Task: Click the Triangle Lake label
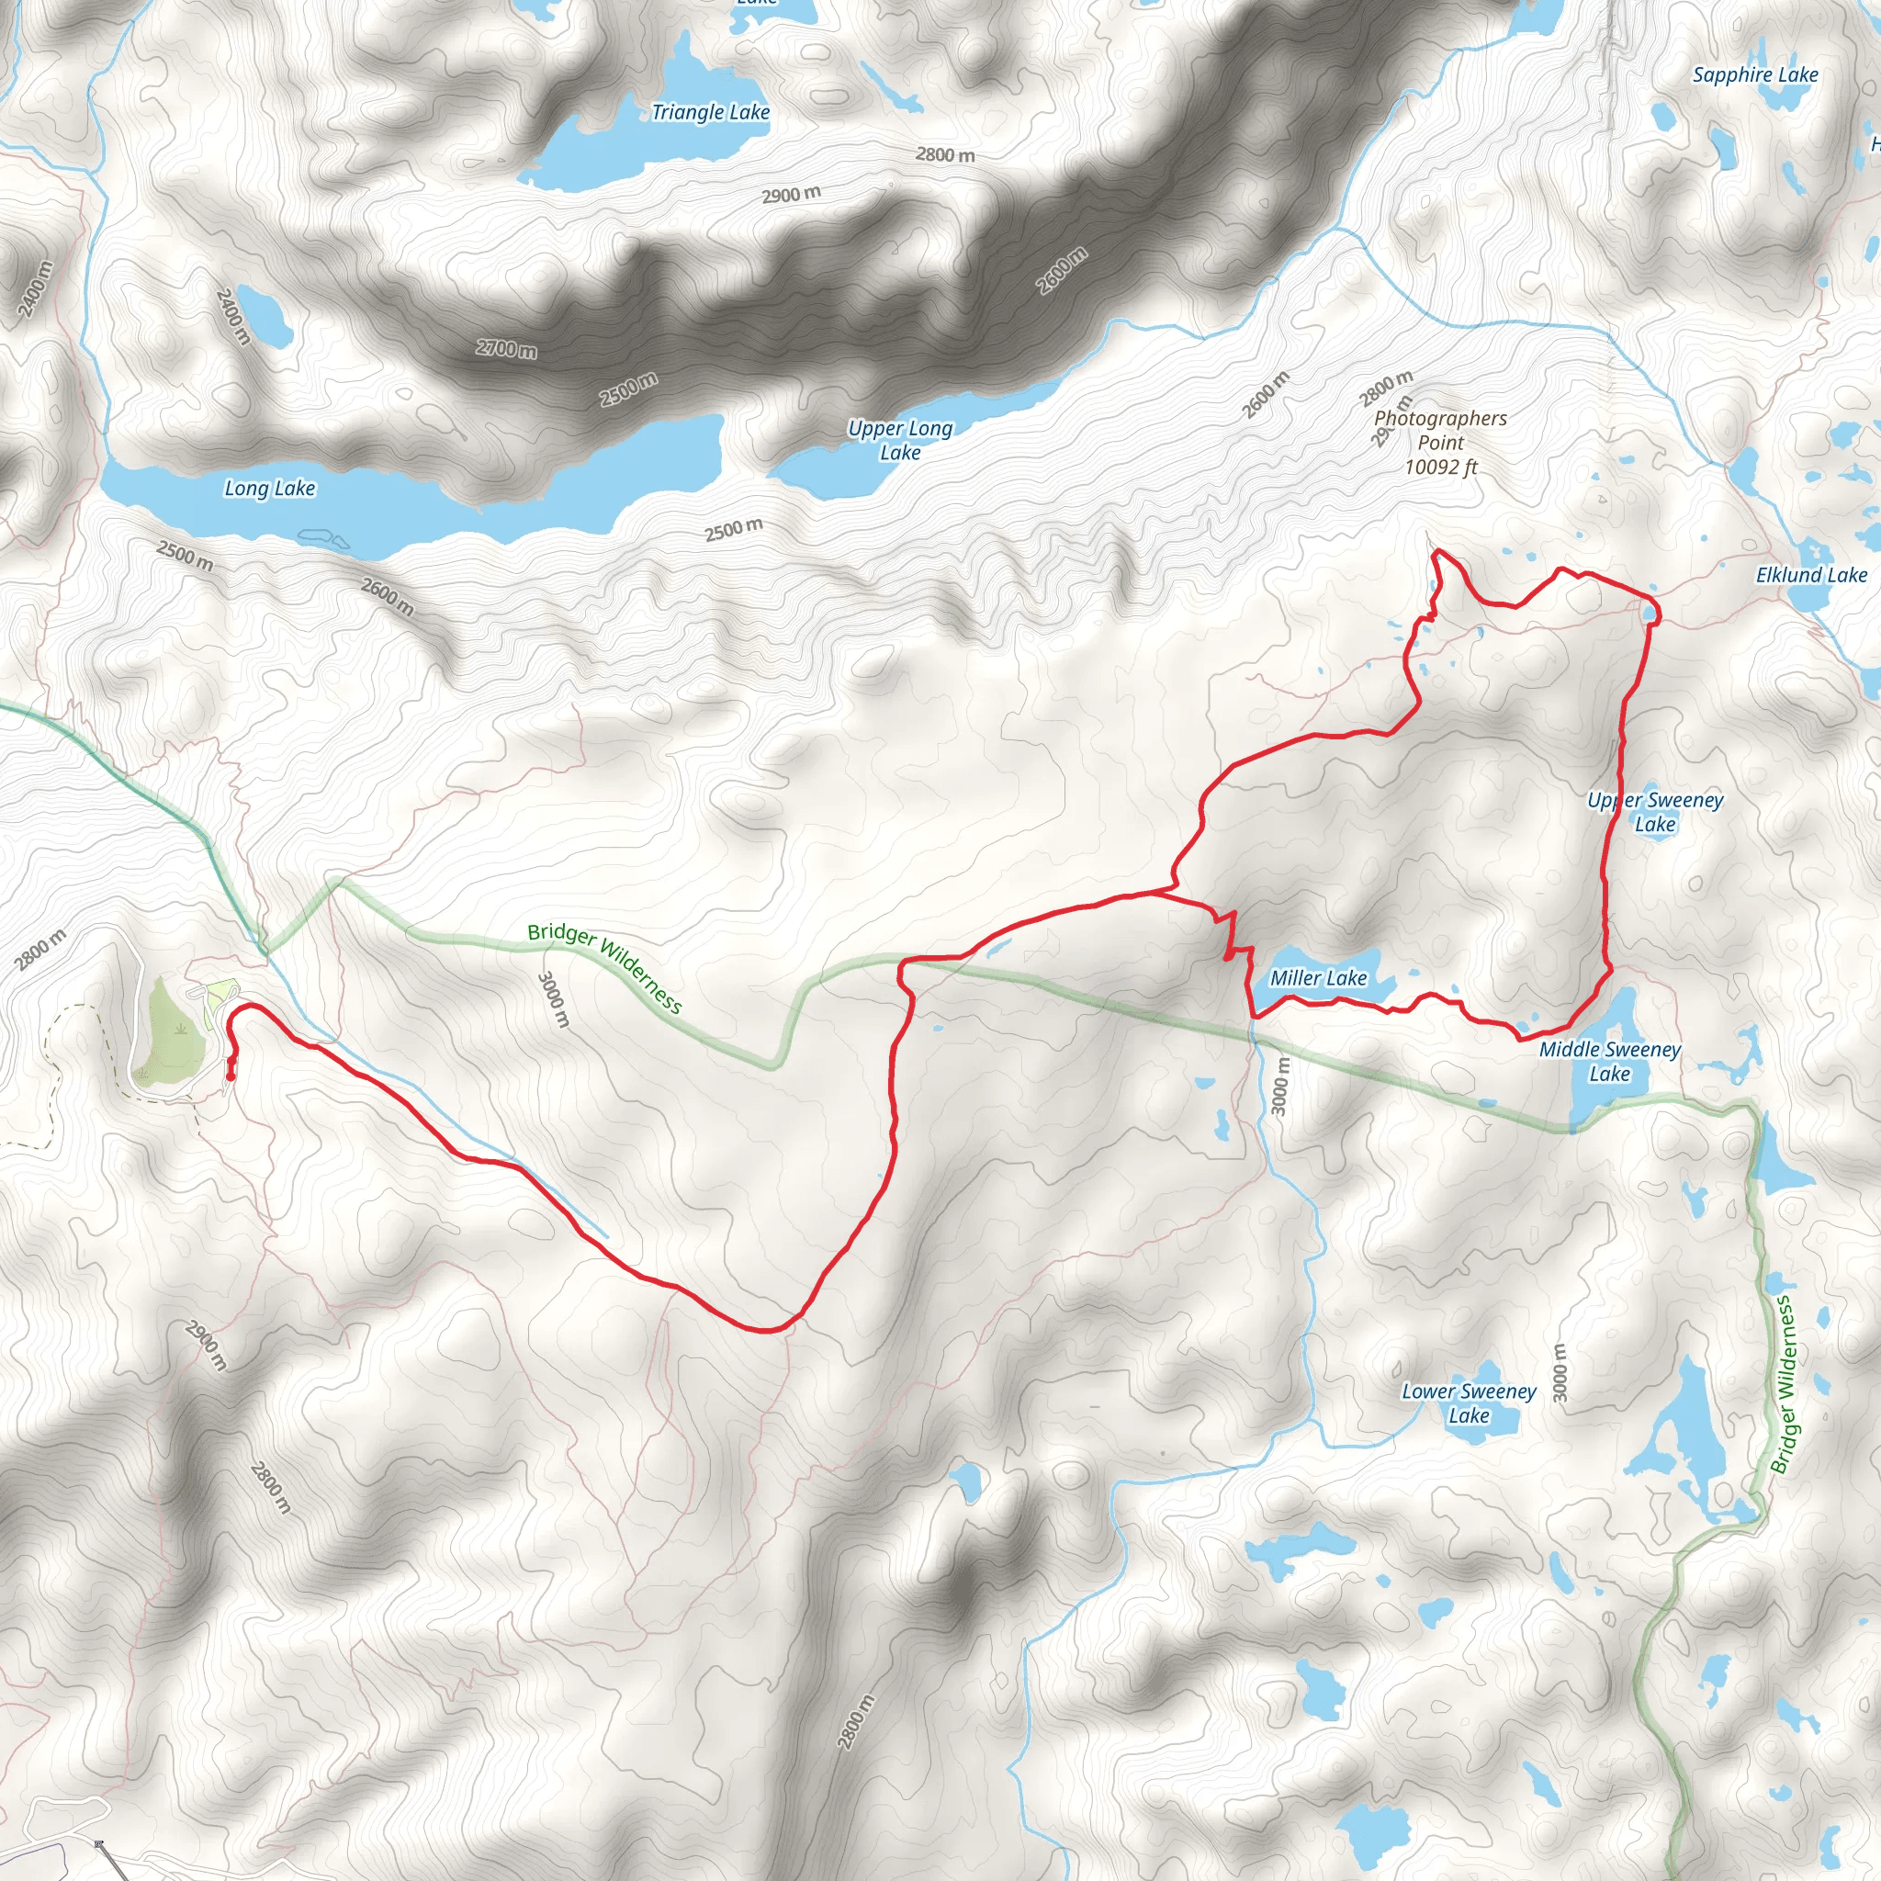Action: click(710, 113)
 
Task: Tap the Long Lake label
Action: click(270, 489)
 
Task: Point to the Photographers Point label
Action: click(1440, 431)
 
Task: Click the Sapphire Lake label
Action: click(1754, 75)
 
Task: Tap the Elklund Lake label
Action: click(1811, 575)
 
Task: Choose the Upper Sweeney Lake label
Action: click(1655, 812)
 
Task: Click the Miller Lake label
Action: click(1318, 978)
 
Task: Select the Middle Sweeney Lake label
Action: click(1609, 1061)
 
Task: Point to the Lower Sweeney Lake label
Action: click(1469, 1403)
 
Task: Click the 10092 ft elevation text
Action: click(1440, 467)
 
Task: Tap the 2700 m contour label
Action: click(506, 348)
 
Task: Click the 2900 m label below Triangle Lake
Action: click(791, 195)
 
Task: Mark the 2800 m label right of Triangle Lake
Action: click(944, 155)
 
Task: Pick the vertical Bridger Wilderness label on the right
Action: click(1783, 1383)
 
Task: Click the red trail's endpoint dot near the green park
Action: click(230, 1076)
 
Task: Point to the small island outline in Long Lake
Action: click(323, 536)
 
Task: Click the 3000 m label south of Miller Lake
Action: click(1280, 1087)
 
